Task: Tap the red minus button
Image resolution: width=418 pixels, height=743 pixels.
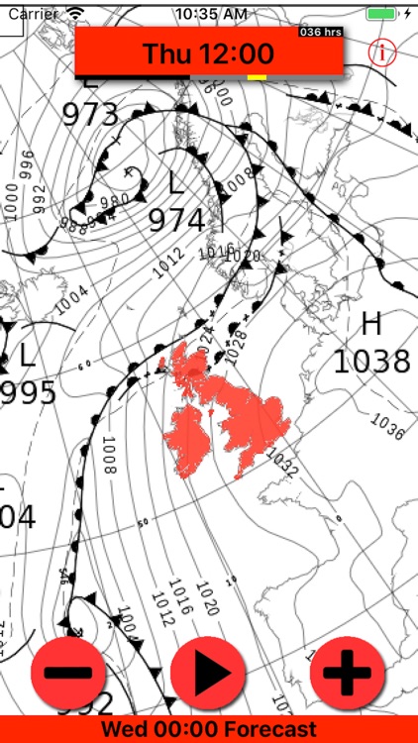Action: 68,673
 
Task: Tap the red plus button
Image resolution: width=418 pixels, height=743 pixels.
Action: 347,674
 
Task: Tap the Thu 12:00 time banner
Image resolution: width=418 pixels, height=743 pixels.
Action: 209,53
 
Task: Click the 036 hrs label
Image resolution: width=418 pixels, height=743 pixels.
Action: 321,32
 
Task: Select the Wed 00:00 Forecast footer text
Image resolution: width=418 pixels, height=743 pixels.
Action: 209,730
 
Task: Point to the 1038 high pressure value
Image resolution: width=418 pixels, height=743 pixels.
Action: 370,362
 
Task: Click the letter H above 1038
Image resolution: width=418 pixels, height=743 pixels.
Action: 371,324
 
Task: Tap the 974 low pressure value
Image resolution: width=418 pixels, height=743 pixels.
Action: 177,220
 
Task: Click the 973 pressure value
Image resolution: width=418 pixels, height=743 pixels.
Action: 90,114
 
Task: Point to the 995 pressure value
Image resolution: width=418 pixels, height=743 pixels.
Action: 28,393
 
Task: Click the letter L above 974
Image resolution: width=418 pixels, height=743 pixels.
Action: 176,183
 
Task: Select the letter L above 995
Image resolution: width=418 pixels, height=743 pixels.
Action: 27,356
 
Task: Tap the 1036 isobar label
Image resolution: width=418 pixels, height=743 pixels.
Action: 386,428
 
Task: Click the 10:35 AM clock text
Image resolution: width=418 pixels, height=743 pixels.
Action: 210,14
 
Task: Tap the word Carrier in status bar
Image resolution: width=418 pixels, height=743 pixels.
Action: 33,14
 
